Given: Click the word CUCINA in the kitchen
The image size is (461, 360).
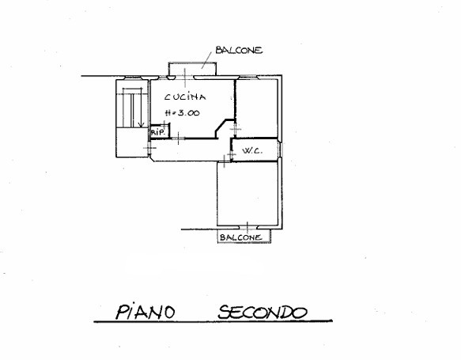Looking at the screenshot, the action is (185, 97).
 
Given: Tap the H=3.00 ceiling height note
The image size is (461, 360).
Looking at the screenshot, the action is (183, 112).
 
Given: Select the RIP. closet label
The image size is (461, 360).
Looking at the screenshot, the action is (157, 132).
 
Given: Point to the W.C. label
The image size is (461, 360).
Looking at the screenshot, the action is (252, 151).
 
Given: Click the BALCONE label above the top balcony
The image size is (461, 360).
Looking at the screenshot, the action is (239, 50).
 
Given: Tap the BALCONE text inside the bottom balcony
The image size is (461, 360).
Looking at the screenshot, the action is (241, 237).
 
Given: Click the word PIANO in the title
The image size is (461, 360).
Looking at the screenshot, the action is (145, 312).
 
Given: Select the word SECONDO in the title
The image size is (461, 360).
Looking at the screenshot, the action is (263, 312).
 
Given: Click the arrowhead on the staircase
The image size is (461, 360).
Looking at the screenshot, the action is (141, 125).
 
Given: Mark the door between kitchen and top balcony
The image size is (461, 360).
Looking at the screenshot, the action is (184, 78).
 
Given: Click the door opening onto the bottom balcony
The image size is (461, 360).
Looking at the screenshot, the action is (248, 227).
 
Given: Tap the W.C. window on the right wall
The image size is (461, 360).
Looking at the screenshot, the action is (281, 150).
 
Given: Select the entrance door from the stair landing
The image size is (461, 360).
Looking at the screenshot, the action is (149, 147).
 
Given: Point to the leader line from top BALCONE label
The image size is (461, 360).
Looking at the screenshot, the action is (206, 61).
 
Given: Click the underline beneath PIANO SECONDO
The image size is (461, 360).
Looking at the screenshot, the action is (213, 321).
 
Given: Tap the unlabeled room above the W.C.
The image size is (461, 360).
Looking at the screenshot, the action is (257, 108).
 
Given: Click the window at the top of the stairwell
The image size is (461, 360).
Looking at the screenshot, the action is (133, 78).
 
